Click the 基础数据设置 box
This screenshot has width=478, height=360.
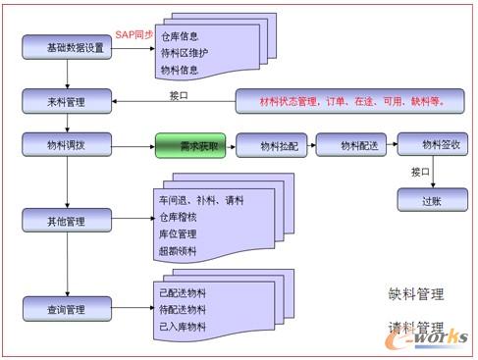pos(67,48)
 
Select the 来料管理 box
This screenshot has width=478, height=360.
pos(67,100)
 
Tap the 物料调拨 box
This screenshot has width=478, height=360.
pos(67,146)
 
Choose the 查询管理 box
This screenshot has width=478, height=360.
pos(67,310)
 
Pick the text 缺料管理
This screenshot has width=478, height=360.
pos(416,292)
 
